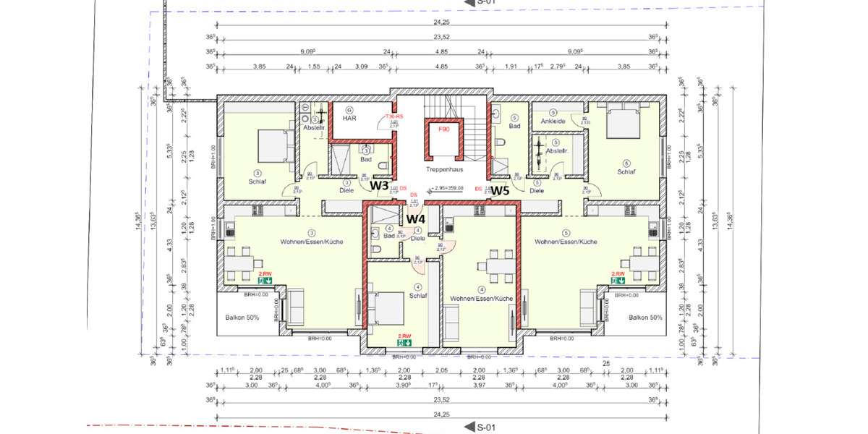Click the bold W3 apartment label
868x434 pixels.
[x=380, y=185]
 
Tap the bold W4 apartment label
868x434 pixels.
[x=415, y=218]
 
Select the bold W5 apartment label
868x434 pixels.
[x=501, y=192]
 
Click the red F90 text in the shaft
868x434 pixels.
[x=443, y=128]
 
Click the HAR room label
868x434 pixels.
[x=349, y=119]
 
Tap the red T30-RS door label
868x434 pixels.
[x=393, y=116]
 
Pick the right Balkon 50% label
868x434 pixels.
[x=645, y=318]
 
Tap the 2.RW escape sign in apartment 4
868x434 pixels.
[x=404, y=339]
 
